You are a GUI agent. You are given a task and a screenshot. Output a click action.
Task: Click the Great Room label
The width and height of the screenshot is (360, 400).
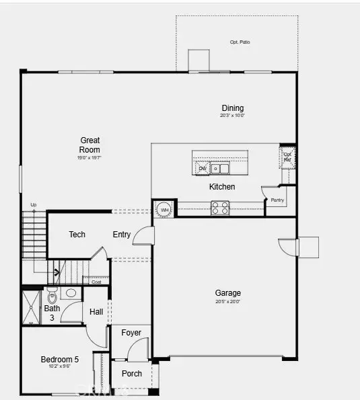[89, 145]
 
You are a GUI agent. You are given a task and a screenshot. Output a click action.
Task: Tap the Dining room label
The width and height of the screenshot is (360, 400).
[233, 108]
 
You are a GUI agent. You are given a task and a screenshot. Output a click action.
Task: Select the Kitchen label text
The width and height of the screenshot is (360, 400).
[222, 187]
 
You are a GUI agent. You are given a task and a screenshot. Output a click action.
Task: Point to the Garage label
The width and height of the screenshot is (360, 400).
[228, 293]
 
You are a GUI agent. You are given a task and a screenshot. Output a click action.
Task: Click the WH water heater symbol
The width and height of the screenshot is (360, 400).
[164, 209]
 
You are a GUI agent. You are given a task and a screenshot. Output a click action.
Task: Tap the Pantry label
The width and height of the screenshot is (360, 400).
[277, 200]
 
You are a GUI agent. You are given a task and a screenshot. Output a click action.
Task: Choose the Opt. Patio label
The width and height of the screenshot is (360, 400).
[240, 42]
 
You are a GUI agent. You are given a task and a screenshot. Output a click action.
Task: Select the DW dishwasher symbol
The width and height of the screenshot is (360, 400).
[202, 168]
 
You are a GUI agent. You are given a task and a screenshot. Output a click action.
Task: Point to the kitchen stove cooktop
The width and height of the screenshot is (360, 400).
[220, 208]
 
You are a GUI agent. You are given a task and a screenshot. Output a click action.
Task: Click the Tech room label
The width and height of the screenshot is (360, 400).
[77, 235]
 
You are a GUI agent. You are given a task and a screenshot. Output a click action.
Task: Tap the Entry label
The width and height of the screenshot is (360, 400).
[122, 235]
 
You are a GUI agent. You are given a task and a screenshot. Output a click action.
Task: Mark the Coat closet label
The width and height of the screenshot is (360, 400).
[96, 282]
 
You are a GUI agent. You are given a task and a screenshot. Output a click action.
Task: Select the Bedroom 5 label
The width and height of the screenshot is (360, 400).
[60, 360]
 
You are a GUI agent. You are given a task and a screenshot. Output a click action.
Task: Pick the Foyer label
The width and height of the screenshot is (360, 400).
[131, 333]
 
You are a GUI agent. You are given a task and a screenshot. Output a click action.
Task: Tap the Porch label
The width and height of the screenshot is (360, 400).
[132, 373]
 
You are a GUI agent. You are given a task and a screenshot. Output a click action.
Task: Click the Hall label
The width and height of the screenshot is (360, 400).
[96, 311]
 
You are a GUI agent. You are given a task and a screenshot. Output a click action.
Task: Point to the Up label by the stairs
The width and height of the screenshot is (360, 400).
[34, 204]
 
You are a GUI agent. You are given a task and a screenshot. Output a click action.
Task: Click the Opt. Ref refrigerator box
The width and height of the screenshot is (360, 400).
[287, 157]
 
